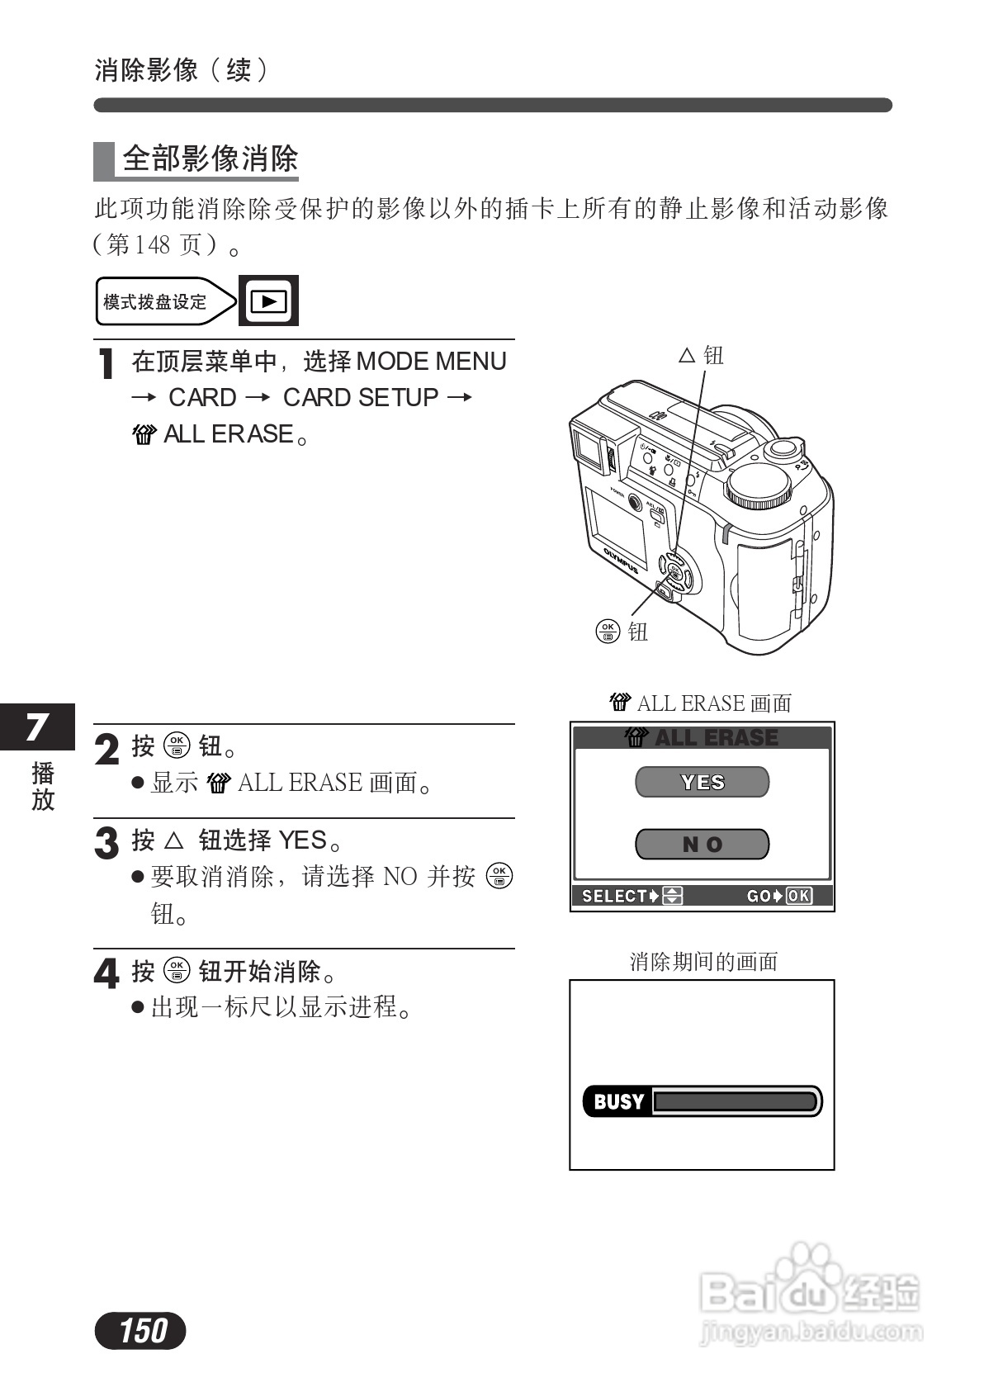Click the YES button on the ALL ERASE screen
[702, 782]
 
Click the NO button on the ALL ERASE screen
[702, 844]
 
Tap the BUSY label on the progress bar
[618, 1101]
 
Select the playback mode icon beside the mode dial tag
[268, 301]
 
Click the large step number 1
[106, 365]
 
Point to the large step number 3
[107, 843]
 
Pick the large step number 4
[106, 973]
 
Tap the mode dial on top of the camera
[758, 486]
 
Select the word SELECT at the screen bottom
[614, 896]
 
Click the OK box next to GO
[799, 896]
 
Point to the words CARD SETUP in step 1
[361, 398]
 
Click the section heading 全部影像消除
[210, 159]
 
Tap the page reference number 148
[151, 244]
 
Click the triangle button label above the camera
[701, 356]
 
